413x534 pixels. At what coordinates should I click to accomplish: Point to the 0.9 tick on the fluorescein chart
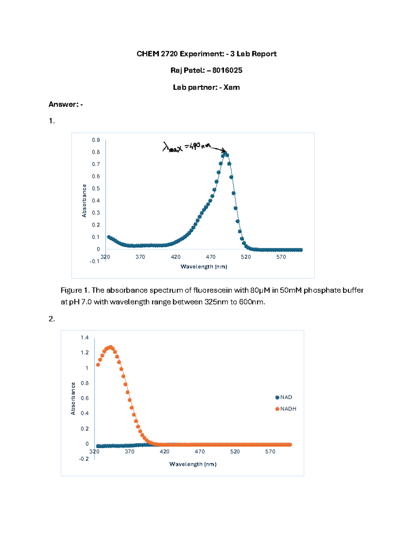tap(96, 140)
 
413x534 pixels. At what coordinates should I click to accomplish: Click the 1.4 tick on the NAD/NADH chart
tap(85, 338)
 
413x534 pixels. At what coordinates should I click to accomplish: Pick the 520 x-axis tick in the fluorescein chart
tap(246, 257)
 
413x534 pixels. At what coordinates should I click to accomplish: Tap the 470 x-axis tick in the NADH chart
tap(200, 451)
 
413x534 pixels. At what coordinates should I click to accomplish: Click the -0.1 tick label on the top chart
tap(94, 261)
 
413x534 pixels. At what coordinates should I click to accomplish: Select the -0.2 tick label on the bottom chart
tap(84, 459)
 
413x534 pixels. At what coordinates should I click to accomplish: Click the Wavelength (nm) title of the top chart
tap(204, 266)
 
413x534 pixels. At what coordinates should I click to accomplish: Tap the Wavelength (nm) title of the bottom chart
tap(193, 464)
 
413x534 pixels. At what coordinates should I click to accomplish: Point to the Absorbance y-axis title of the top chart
tap(84, 201)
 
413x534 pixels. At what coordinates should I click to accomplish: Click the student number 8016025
tap(227, 70)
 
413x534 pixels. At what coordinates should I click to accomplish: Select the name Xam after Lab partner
tap(231, 87)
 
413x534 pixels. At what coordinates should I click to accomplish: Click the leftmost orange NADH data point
tap(98, 364)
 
